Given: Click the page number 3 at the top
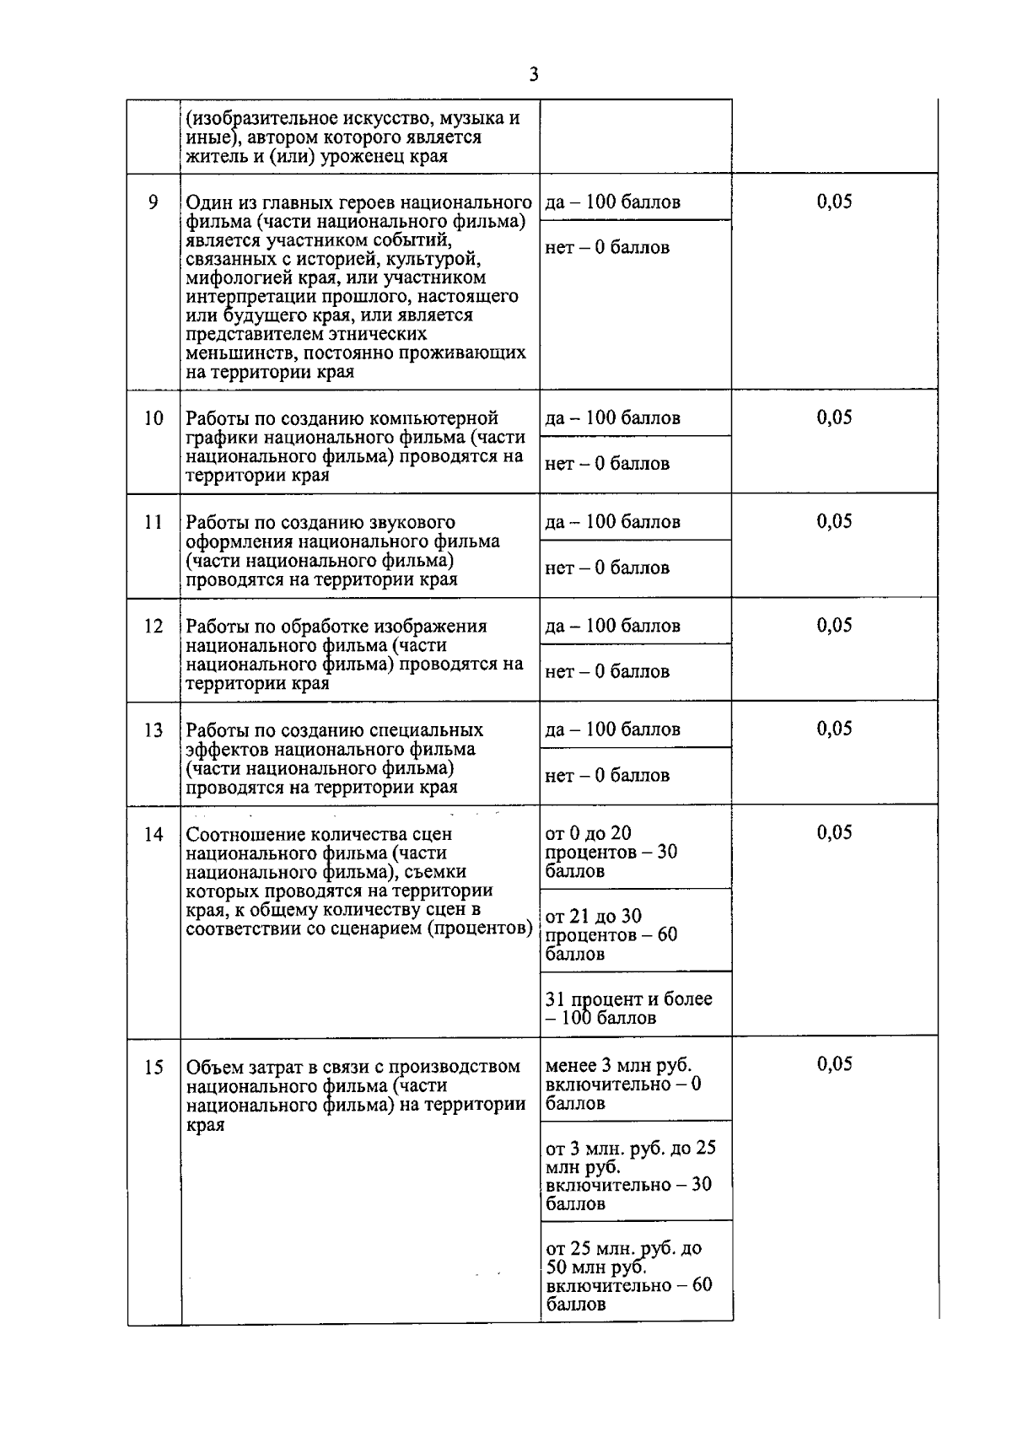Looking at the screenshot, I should [533, 74].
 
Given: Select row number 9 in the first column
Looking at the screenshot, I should [153, 202].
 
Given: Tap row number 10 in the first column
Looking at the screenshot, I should [153, 418].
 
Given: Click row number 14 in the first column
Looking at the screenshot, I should [153, 834].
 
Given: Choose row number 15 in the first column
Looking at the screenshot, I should [153, 1068].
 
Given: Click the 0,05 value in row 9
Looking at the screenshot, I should [834, 202].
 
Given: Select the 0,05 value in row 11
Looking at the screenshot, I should [834, 521].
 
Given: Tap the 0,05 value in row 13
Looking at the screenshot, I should [834, 729].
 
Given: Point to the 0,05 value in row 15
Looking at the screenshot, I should [834, 1064].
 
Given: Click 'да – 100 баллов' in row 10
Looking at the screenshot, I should [612, 418].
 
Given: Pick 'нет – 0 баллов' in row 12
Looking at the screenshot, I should [607, 672].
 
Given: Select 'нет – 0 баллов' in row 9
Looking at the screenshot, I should [607, 248].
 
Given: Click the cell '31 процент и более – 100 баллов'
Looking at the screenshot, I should [628, 1009].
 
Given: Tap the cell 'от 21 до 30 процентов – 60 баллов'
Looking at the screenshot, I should [611, 935].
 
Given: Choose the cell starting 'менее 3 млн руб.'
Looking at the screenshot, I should [622, 1084].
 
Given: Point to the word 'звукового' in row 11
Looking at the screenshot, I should [413, 522].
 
